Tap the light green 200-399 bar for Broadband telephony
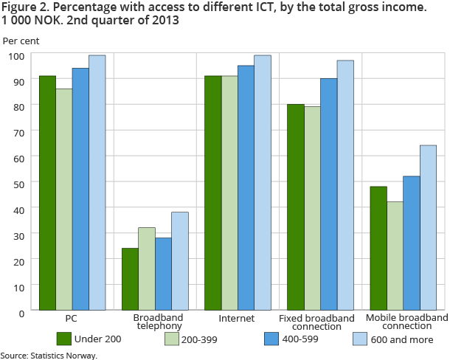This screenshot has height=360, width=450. coord(147,269)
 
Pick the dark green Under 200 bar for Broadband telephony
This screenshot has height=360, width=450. coord(130,280)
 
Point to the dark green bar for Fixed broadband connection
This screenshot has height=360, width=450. coord(295,207)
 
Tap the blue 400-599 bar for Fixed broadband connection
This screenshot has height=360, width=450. coord(328,195)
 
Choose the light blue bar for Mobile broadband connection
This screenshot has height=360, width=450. coord(428,228)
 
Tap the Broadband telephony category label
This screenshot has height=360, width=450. coord(147,322)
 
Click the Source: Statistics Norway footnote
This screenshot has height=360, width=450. coord(49,355)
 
